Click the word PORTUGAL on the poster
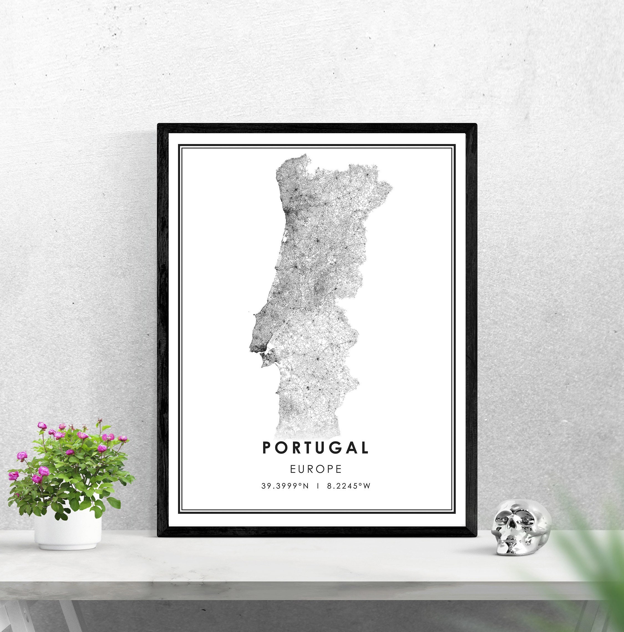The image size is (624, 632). (315, 448)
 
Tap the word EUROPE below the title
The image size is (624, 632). (316, 469)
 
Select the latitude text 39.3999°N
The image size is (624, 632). (285, 486)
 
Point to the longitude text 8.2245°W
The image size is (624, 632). (349, 486)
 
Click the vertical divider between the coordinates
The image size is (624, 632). (318, 486)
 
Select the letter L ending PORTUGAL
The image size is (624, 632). (364, 448)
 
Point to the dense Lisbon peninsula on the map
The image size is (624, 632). (258, 340)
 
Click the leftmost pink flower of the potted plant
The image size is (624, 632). (13, 475)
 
